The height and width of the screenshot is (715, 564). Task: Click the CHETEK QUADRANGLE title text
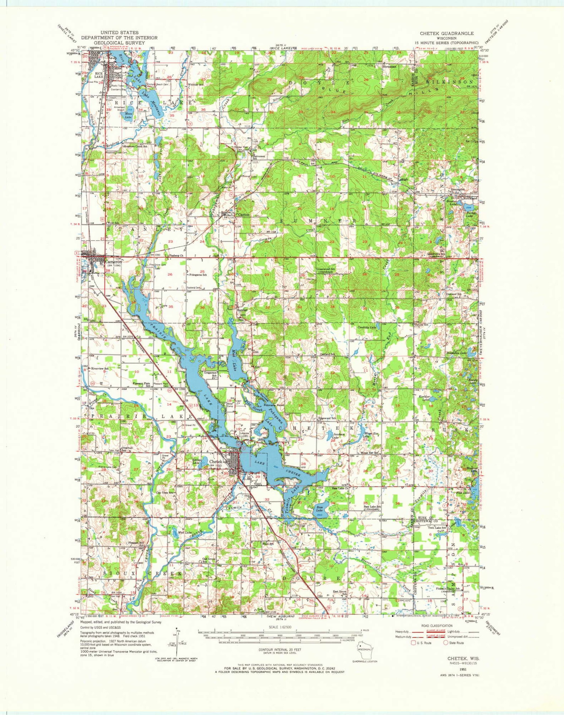point(446,33)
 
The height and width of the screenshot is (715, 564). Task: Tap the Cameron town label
point(113,262)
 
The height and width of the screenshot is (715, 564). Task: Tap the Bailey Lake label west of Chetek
point(196,461)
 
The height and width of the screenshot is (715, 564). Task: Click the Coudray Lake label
point(367,327)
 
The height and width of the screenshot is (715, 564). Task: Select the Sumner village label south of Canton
point(242,310)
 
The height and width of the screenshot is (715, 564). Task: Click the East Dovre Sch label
point(339,592)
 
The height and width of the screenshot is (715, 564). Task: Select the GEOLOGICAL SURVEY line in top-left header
point(119,43)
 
